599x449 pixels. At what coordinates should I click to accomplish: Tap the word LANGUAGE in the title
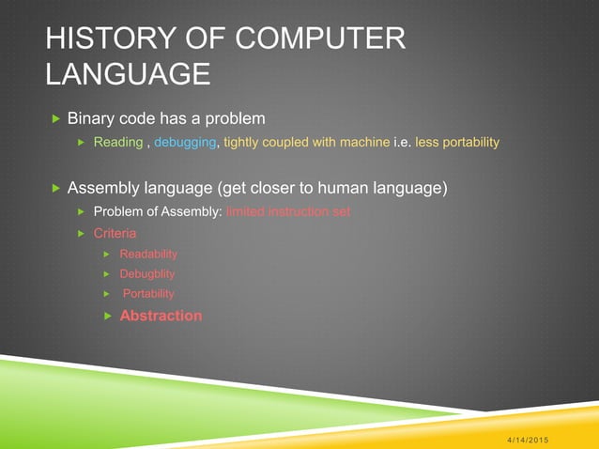point(129,73)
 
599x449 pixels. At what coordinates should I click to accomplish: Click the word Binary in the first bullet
point(92,119)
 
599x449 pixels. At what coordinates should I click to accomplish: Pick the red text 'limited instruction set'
point(287,212)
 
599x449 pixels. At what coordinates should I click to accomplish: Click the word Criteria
point(115,233)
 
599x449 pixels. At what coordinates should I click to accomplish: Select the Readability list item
point(148,254)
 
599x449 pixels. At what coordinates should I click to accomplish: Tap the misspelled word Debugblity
point(147,274)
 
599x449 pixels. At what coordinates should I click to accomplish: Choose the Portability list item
point(148,294)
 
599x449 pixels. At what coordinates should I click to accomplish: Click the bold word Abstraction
point(161,316)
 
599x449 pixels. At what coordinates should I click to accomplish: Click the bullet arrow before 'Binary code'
point(55,119)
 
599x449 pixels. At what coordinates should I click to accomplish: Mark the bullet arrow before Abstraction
point(107,316)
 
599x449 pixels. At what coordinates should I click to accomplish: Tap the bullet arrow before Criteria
point(81,233)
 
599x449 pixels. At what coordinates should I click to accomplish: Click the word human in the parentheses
point(336,188)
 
